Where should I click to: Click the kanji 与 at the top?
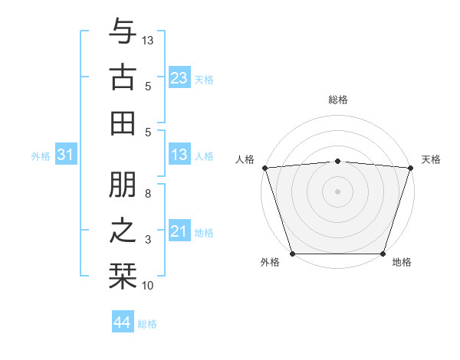(x=123, y=32)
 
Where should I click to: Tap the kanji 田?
(x=123, y=122)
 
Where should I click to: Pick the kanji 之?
(x=123, y=229)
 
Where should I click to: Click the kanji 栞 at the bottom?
(x=123, y=273)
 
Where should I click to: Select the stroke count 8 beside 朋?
(x=148, y=194)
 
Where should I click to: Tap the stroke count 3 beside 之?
(x=148, y=240)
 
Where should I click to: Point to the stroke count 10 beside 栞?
(x=148, y=286)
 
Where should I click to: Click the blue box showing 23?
(x=179, y=77)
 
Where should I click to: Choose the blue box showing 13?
(x=179, y=155)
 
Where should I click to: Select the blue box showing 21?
(x=179, y=232)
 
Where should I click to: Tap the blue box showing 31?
(x=65, y=155)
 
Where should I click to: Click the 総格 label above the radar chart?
(x=338, y=100)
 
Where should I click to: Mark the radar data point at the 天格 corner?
(x=410, y=168)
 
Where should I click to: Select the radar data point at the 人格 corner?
(x=265, y=168)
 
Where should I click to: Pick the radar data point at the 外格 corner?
(x=293, y=254)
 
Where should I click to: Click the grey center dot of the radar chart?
(x=338, y=191)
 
